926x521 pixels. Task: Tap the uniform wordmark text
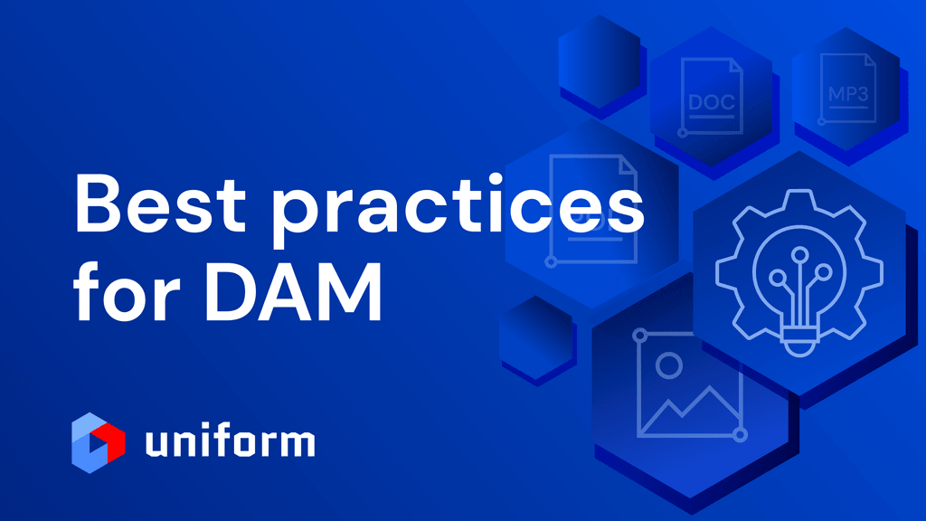point(230,442)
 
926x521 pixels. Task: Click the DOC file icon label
point(712,101)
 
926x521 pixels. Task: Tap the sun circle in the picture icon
point(669,365)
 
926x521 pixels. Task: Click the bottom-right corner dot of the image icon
point(741,435)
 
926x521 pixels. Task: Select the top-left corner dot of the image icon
point(641,336)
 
